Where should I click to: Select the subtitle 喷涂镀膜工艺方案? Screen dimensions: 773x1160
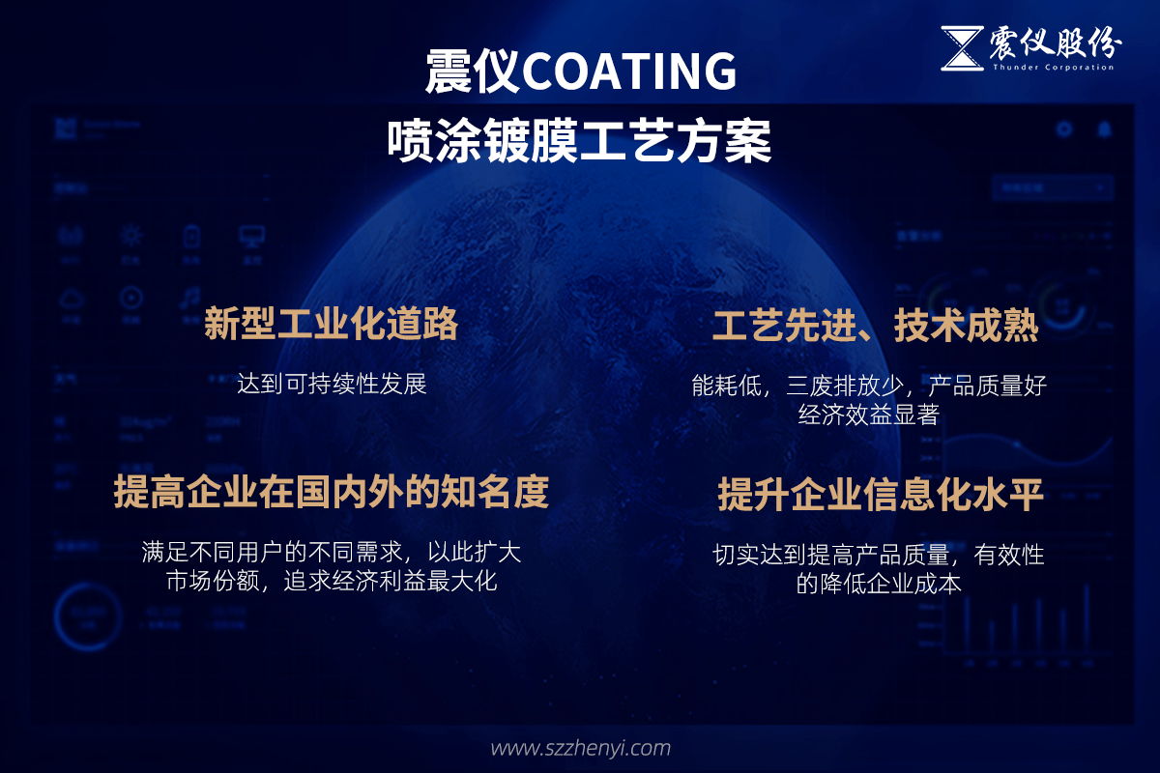(x=580, y=141)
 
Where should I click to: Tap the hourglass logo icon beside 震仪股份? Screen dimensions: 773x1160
(x=961, y=48)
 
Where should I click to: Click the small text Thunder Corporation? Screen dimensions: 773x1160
(x=1052, y=67)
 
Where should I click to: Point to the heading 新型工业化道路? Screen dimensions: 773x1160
(x=331, y=326)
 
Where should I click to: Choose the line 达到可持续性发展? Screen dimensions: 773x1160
(x=332, y=384)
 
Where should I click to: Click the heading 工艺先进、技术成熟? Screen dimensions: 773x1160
(x=875, y=327)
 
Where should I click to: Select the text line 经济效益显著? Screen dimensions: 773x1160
(x=869, y=415)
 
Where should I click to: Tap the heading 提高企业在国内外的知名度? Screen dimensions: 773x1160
(x=332, y=492)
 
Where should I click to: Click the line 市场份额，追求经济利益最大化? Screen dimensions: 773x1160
(x=332, y=582)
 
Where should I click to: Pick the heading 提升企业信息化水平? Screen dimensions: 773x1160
(x=880, y=495)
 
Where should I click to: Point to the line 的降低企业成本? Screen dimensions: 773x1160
(x=879, y=584)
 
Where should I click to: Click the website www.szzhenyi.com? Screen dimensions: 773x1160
(x=580, y=748)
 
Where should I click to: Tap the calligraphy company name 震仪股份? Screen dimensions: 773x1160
(x=1055, y=43)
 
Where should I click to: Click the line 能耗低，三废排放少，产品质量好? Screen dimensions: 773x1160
(x=869, y=386)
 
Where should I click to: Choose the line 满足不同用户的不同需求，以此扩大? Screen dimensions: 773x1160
(x=332, y=553)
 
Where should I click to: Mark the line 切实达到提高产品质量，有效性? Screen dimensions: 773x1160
(x=879, y=555)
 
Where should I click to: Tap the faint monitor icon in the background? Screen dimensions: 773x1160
(x=252, y=237)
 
